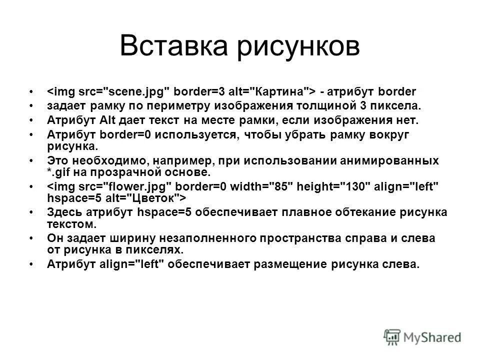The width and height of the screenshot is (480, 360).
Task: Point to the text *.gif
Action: point(59,171)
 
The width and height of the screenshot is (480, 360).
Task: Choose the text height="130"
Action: point(332,186)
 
